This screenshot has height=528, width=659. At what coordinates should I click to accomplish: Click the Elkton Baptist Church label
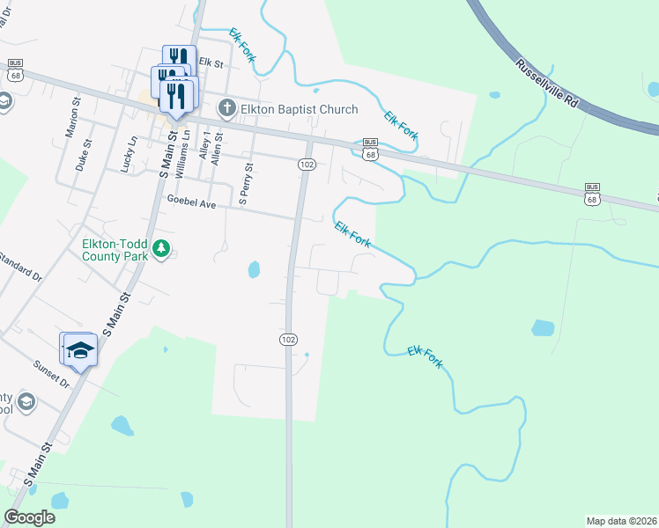coord(300,109)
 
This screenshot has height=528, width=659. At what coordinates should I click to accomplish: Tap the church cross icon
coord(226,109)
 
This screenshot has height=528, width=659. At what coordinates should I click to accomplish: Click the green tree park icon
coord(160,250)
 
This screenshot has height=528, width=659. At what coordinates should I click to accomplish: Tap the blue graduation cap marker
coord(79,350)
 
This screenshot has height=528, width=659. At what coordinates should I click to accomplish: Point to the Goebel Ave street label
coord(191,202)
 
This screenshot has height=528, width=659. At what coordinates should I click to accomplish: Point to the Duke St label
coord(85,154)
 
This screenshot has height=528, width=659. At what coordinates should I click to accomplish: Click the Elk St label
coord(211,62)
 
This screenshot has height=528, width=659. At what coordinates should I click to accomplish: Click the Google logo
coord(29,517)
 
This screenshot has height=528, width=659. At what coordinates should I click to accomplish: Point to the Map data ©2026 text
coord(619,521)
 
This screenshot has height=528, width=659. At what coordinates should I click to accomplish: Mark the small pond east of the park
coord(255,268)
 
